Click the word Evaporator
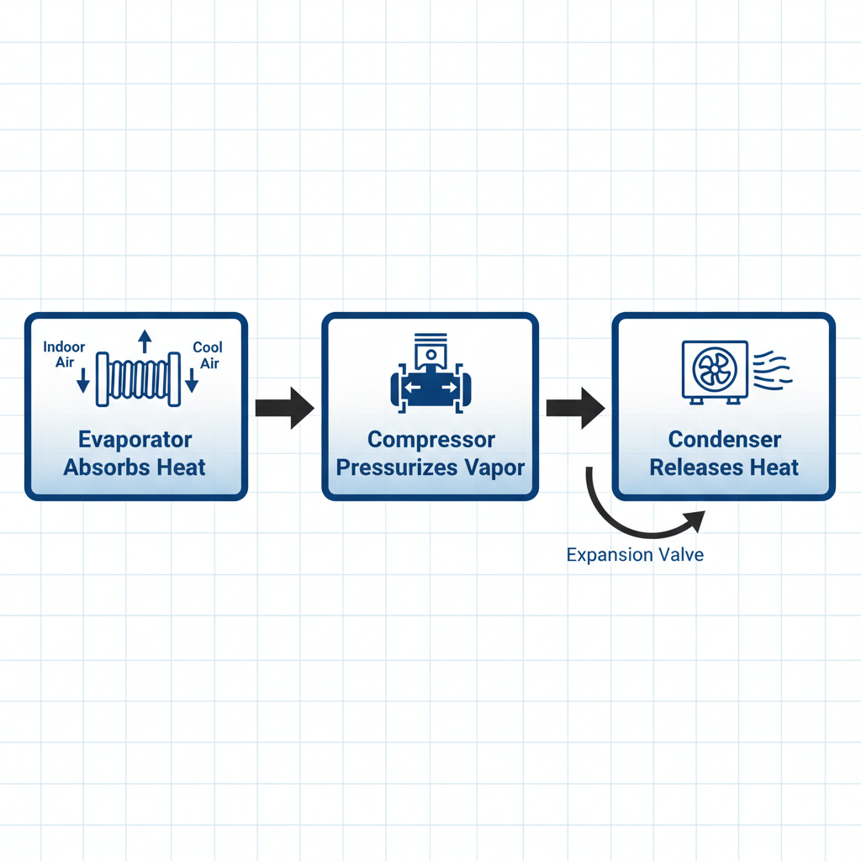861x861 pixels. click(x=135, y=440)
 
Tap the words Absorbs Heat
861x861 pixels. click(x=135, y=467)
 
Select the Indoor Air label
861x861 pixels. click(x=64, y=354)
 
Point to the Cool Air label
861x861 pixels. click(x=208, y=354)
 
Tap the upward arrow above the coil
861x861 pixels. click(x=145, y=341)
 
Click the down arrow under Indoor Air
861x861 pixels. click(x=82, y=383)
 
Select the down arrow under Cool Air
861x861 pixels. click(x=192, y=383)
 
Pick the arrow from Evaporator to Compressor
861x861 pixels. click(x=284, y=408)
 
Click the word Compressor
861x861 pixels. click(x=431, y=440)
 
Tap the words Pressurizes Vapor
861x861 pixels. click(x=431, y=467)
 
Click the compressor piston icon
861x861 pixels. click(x=430, y=373)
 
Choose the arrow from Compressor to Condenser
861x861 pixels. click(x=575, y=408)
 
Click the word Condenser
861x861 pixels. click(x=724, y=440)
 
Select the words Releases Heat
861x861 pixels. click(x=724, y=467)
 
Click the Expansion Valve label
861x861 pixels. click(x=635, y=555)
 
